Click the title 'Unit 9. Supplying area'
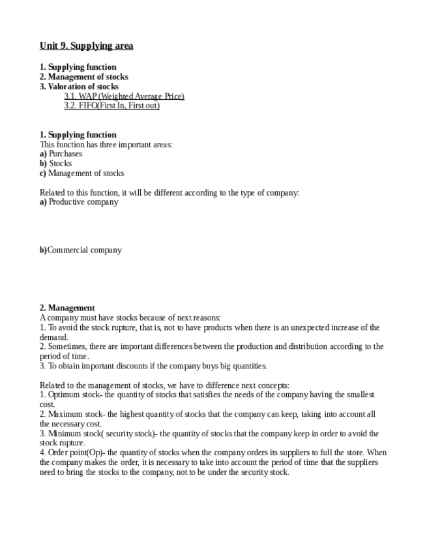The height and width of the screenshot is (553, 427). pyautogui.click(x=86, y=46)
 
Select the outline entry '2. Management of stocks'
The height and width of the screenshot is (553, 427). pyautogui.click(x=83, y=77)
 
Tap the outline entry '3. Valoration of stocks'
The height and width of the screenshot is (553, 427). pyautogui.click(x=79, y=87)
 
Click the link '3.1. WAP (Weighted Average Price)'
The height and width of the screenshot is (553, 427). pyautogui.click(x=124, y=97)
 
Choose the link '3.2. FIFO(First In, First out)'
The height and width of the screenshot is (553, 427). pyautogui.click(x=111, y=106)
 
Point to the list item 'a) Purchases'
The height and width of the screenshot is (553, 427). pyautogui.click(x=61, y=154)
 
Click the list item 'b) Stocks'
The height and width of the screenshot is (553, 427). pyautogui.click(x=56, y=164)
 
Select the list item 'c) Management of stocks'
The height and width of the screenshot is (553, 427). pyautogui.click(x=81, y=173)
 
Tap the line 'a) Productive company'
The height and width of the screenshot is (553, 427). pyautogui.click(x=79, y=202)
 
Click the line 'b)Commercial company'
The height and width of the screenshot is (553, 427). pyautogui.click(x=80, y=250)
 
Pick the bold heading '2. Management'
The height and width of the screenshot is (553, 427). pyautogui.click(x=67, y=308)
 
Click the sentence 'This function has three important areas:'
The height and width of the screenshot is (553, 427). pyautogui.click(x=106, y=144)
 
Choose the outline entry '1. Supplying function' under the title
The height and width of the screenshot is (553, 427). pyautogui.click(x=78, y=67)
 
